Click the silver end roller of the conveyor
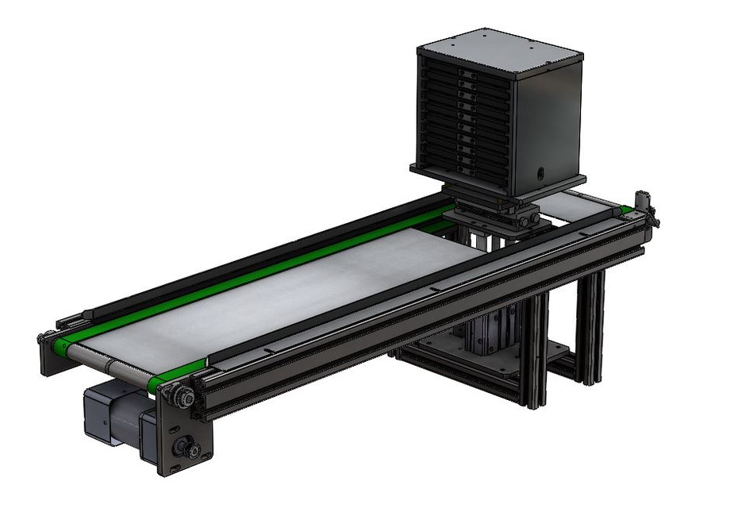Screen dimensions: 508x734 tap(111, 366)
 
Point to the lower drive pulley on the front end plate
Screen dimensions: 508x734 tap(190, 449)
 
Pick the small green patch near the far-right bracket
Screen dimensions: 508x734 tap(626, 210)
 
